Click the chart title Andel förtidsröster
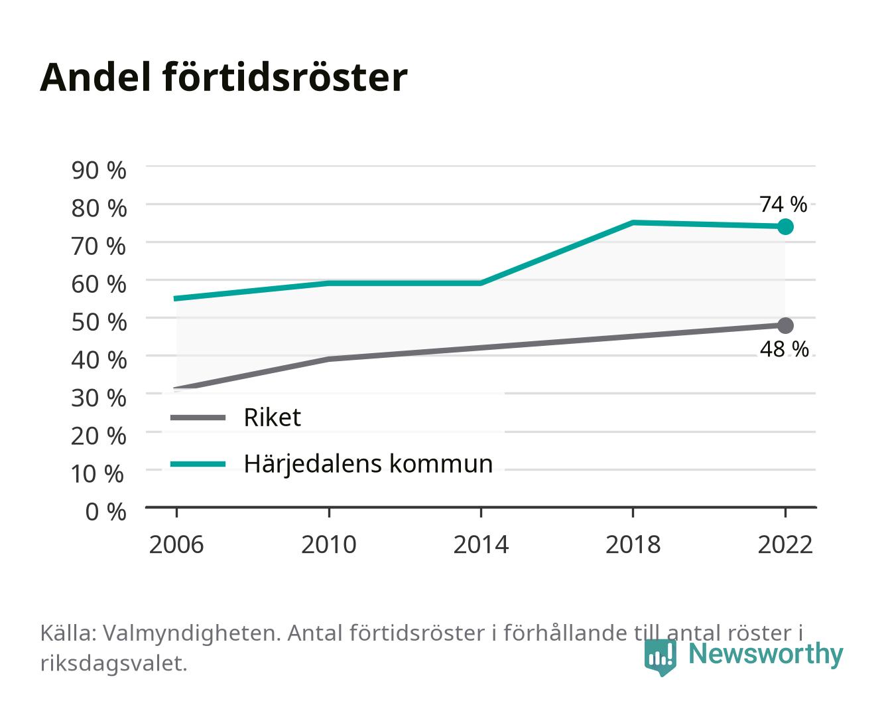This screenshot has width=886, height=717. [x=223, y=78]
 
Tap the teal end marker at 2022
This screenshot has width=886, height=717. [x=785, y=227]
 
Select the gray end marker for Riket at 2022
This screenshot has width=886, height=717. [x=785, y=325]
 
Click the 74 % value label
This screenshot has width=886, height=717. [x=783, y=204]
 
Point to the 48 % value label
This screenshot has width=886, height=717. [x=784, y=349]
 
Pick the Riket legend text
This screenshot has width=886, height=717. [x=272, y=417]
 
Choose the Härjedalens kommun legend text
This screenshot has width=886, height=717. [x=368, y=464]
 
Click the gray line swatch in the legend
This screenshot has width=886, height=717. [x=198, y=418]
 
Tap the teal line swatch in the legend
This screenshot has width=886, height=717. [x=198, y=464]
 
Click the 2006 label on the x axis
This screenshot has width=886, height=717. [x=176, y=544]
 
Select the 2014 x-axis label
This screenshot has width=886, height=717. [x=481, y=544]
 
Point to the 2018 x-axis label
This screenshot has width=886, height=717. [x=633, y=544]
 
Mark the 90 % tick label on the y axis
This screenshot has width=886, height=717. [x=99, y=171]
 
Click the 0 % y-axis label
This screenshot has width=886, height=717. [x=105, y=512]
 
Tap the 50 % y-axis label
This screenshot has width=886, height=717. [x=99, y=322]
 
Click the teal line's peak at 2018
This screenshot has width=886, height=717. [x=633, y=223]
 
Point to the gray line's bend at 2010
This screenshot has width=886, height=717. [x=329, y=359]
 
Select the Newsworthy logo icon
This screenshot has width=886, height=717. [x=660, y=657]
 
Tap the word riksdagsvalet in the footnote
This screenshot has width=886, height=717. [x=113, y=663]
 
